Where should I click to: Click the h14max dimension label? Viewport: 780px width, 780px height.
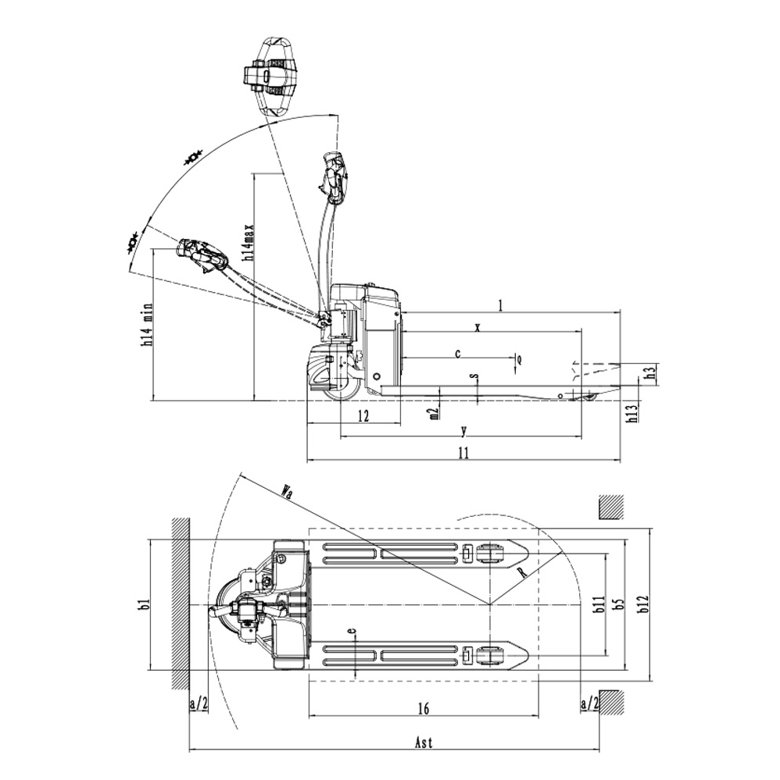click(249, 242)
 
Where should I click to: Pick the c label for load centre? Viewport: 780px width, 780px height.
click(458, 353)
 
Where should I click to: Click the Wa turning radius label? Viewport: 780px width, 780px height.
click(288, 492)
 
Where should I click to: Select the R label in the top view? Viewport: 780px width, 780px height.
click(521, 575)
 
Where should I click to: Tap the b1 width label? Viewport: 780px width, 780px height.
click(142, 605)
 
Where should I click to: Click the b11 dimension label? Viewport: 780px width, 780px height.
click(598, 605)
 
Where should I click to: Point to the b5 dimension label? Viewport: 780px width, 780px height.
click(619, 605)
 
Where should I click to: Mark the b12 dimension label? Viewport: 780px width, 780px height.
click(642, 605)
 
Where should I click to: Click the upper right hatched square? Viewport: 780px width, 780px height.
click(610, 508)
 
